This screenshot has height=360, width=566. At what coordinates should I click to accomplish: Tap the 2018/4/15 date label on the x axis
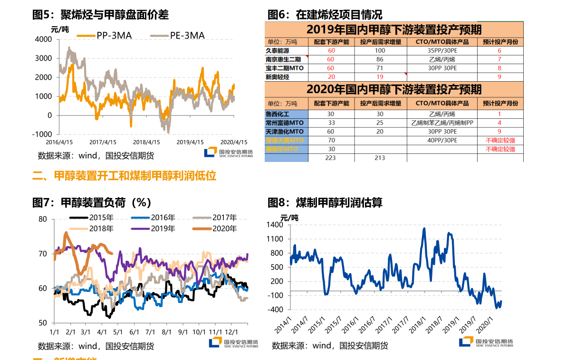pos(146,142)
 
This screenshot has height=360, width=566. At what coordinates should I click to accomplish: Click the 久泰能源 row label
pos(278,50)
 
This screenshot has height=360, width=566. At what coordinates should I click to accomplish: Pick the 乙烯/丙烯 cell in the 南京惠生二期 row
pos(442,59)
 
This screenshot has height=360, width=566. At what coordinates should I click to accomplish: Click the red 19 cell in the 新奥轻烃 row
pos(380,76)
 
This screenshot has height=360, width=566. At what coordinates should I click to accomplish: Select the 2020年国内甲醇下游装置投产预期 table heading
pos(394,89)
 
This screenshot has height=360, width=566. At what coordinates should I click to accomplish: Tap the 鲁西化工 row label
pos(278,114)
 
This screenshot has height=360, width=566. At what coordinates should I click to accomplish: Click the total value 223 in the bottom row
pos(331,157)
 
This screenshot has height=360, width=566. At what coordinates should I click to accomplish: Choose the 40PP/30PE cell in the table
pos(442,140)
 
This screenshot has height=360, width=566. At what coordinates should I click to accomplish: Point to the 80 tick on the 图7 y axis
pos(43,219)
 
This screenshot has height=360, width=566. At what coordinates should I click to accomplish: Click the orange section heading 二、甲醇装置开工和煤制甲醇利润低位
pos(125,176)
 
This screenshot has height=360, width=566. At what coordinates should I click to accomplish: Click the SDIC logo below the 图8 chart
pos(486,341)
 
